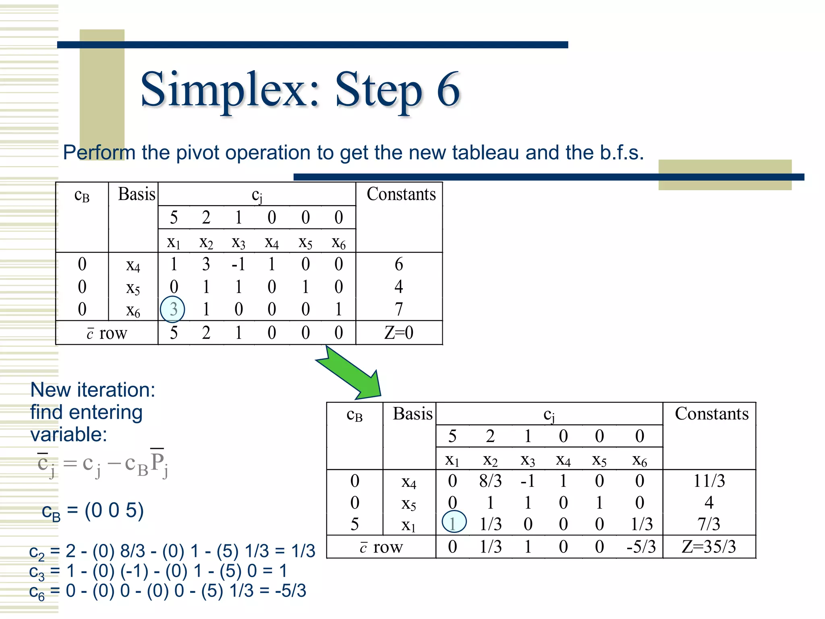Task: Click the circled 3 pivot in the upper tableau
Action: [172, 309]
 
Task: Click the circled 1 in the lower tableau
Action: [454, 523]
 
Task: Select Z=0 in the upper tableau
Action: [399, 333]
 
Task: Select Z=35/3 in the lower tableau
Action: [709, 547]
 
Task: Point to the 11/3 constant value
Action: [709, 481]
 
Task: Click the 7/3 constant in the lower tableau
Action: [709, 524]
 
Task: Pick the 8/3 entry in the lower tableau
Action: [490, 481]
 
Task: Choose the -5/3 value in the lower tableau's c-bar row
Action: [641, 547]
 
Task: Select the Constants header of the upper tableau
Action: [401, 194]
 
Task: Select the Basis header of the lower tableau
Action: [412, 414]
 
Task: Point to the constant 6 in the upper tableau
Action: [399, 264]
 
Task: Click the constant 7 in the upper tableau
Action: [399, 309]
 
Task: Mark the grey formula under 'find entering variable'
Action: [103, 464]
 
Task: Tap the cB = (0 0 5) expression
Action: [93, 511]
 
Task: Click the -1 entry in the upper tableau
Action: [238, 264]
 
